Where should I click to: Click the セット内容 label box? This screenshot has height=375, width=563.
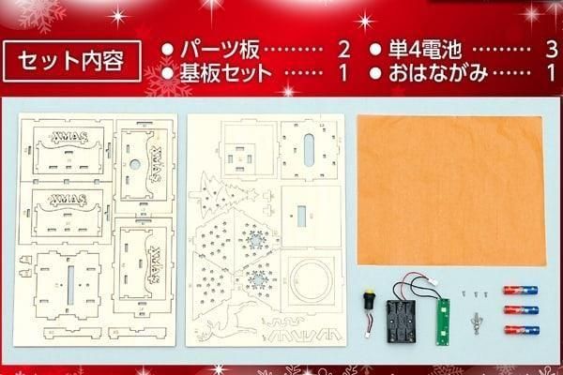72,61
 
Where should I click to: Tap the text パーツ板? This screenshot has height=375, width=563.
220,50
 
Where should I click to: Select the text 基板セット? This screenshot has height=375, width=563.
226,73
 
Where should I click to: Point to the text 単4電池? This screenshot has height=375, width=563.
425,50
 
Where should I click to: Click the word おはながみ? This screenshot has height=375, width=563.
438,73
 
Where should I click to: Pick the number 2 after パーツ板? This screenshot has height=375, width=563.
343,50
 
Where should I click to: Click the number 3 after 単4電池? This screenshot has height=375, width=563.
552,50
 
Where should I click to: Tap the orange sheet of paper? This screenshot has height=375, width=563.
451,190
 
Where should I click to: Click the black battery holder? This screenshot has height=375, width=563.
401,321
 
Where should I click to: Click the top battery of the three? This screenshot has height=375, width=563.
521,290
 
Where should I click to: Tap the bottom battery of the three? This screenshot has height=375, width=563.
522,330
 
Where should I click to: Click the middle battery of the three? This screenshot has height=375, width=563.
522,309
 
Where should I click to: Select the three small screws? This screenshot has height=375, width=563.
474,294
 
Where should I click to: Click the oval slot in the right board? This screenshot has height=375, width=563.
309,150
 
